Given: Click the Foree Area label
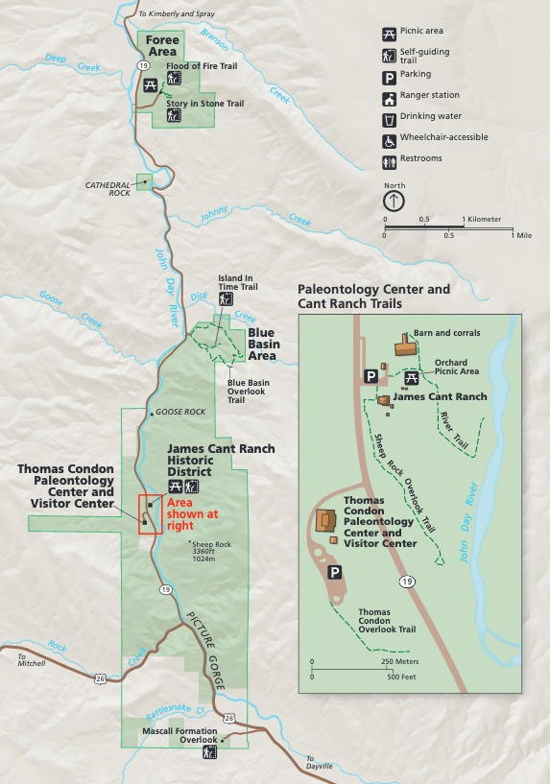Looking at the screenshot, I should (x=162, y=46).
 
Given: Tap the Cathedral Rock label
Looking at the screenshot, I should (x=107, y=188).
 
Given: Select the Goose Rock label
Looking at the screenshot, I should (x=180, y=412).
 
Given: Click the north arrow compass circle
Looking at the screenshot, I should (x=394, y=201).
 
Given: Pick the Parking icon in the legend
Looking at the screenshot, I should (x=390, y=75).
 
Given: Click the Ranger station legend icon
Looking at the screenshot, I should (x=390, y=96).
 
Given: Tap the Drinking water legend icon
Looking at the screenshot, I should (x=390, y=117).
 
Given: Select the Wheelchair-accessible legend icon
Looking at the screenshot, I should (x=390, y=138).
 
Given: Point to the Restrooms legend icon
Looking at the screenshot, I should (x=390, y=159).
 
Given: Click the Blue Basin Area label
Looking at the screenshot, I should (x=262, y=344).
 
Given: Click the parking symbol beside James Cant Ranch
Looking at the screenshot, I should (x=369, y=376).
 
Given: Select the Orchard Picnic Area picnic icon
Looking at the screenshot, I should (x=412, y=376).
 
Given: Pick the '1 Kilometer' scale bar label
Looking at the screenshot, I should (x=482, y=220).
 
